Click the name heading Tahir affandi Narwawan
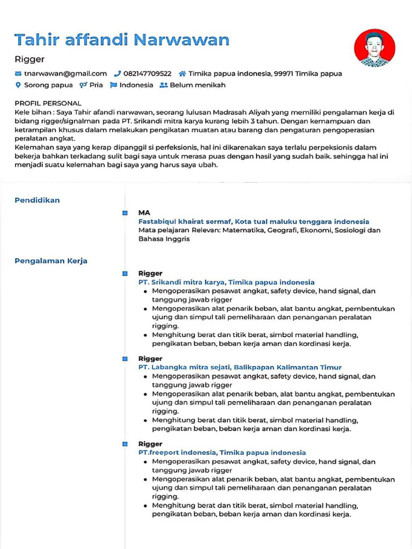122,40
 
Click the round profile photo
374,48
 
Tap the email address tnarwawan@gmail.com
65,73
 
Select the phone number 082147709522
147,73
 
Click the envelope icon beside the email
18,73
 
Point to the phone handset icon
117,73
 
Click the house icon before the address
182,73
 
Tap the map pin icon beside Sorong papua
18,85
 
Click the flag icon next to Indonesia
113,85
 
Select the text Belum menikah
197,85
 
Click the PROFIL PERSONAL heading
48,103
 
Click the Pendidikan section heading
37,200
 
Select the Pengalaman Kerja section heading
51,261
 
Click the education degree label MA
144,212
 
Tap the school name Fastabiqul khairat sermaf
185,221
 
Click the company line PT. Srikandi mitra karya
182,282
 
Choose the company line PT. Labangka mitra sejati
185,367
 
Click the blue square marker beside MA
125,213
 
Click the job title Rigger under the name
30,59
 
